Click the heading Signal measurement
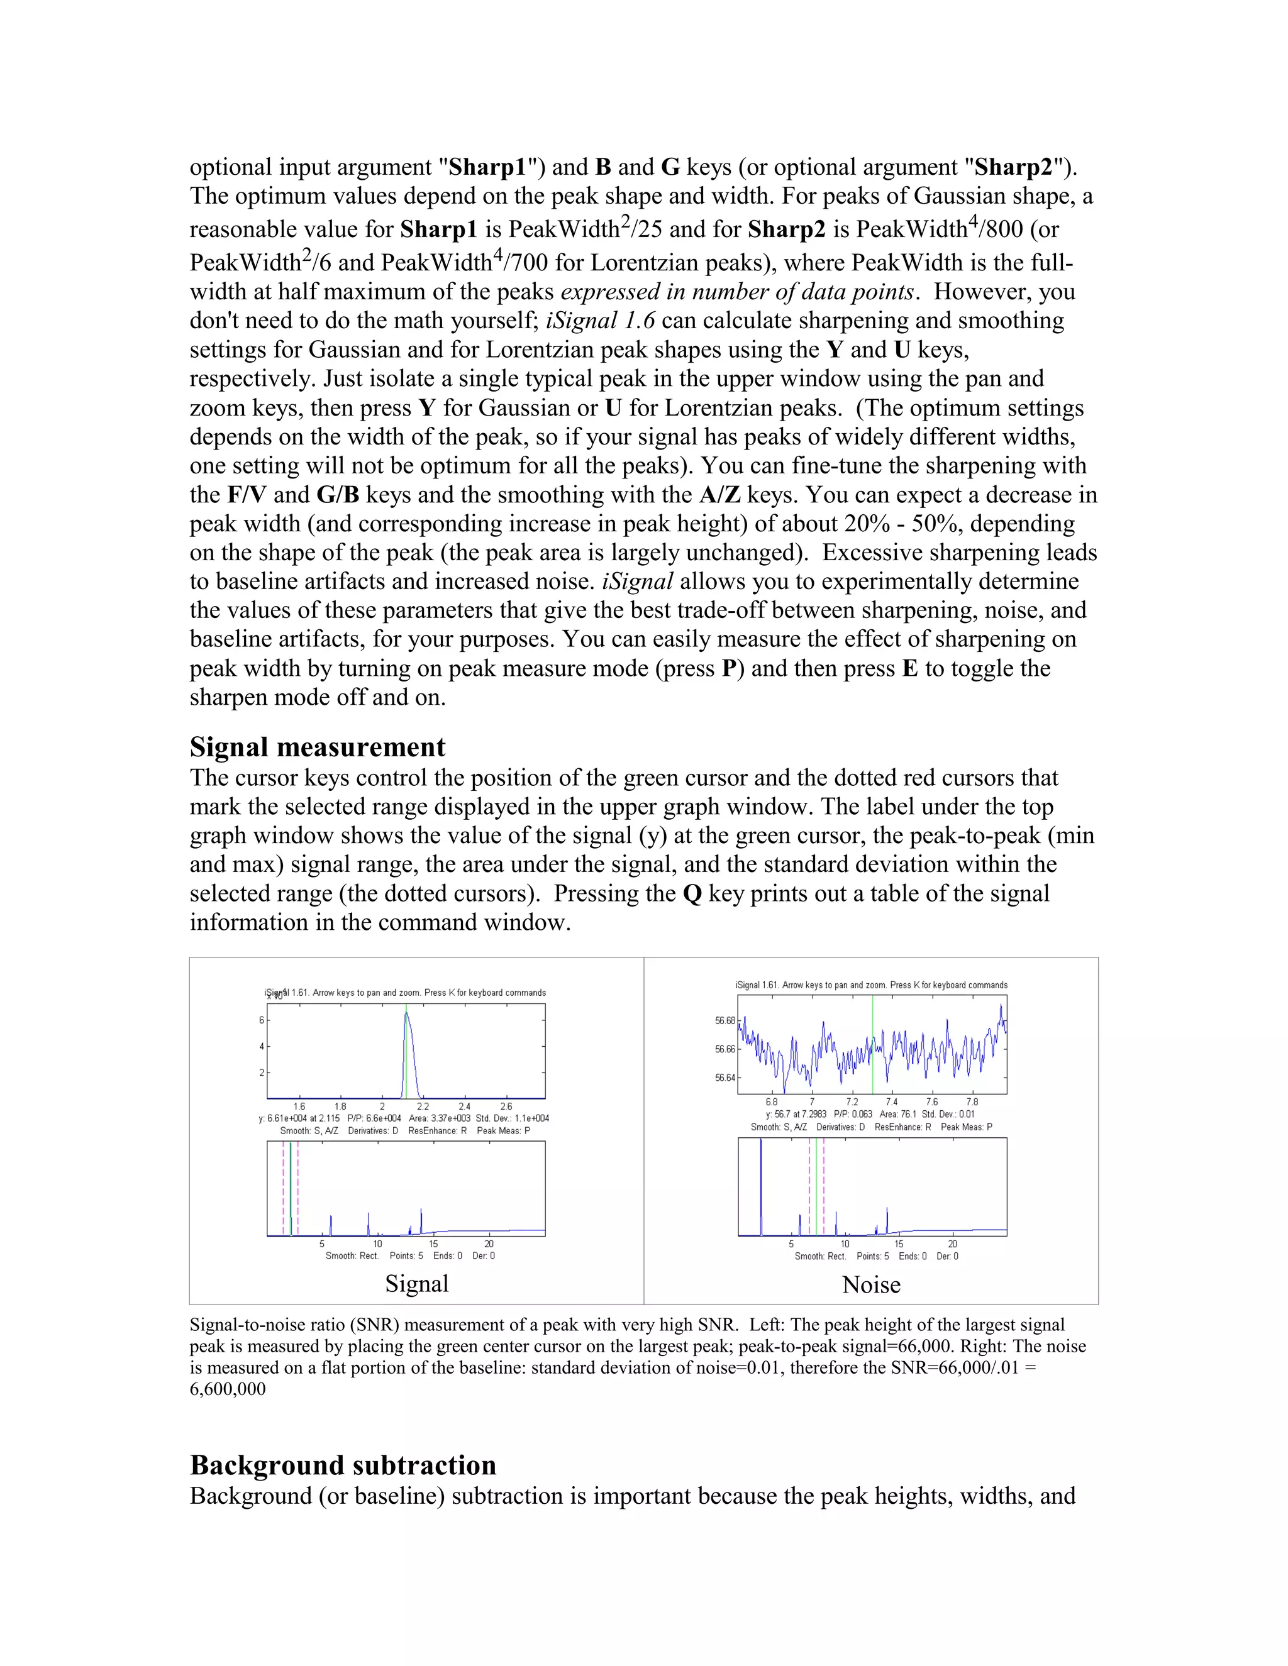tap(318, 747)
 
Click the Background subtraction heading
tap(343, 1465)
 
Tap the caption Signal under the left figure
tap(416, 1283)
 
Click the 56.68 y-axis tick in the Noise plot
tap(725, 1020)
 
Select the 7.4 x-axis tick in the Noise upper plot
tap(891, 1102)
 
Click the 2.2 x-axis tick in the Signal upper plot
tap(423, 1106)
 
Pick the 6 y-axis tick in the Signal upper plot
tap(261, 1020)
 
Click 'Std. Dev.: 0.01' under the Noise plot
tap(948, 1115)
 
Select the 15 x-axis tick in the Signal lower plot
tap(433, 1244)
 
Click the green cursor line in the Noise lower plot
tap(816, 1190)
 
